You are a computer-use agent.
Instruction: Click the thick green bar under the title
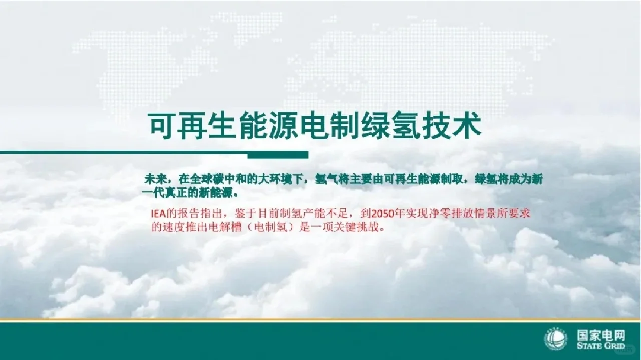(x=278, y=155)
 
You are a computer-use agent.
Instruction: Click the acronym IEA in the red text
(x=160, y=214)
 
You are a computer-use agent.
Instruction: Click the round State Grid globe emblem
(x=556, y=340)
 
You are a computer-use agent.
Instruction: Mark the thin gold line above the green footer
(x=320, y=319)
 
